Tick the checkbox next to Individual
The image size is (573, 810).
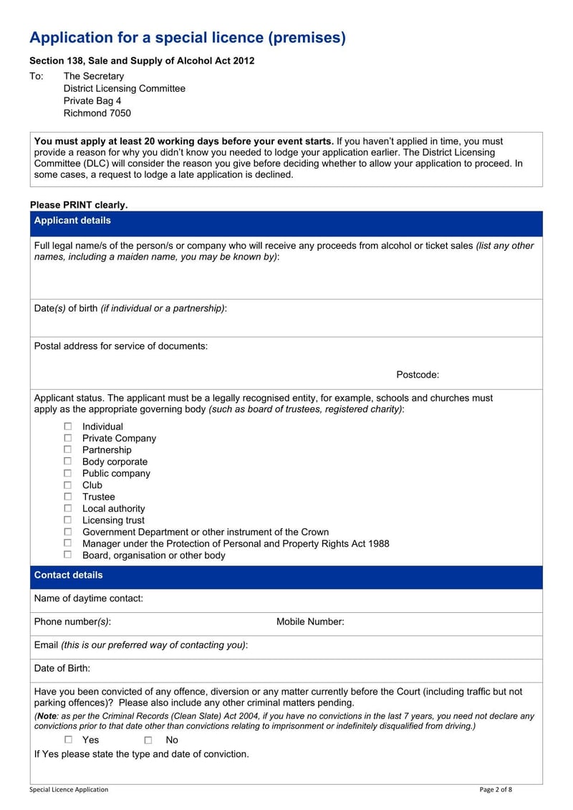pyautogui.click(x=68, y=427)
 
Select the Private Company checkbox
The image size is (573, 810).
pyautogui.click(x=68, y=438)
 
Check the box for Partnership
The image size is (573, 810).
pyautogui.click(x=68, y=449)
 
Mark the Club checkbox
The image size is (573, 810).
pyautogui.click(x=68, y=485)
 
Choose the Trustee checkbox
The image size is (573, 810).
pyautogui.click(x=68, y=496)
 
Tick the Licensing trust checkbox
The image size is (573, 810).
pyautogui.click(x=68, y=520)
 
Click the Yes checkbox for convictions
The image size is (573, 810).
pyautogui.click(x=68, y=740)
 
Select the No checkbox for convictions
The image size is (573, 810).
pyautogui.click(x=148, y=740)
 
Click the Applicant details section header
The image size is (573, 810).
pyautogui.click(x=72, y=221)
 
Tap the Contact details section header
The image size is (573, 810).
pyautogui.click(x=68, y=575)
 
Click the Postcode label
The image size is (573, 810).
pyautogui.click(x=418, y=375)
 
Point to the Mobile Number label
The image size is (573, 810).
pyautogui.click(x=310, y=621)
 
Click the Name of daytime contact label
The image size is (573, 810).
pyautogui.click(x=88, y=599)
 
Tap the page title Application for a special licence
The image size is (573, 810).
pyautogui.click(x=187, y=38)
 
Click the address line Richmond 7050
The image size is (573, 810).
pyautogui.click(x=97, y=113)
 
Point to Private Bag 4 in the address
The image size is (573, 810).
pyautogui.click(x=92, y=101)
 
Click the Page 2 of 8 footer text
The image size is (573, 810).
pyautogui.click(x=496, y=790)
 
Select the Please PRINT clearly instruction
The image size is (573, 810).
pyautogui.click(x=79, y=205)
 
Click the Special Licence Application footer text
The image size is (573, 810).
pyautogui.click(x=69, y=790)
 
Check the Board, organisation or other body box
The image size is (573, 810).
pyautogui.click(x=68, y=555)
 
